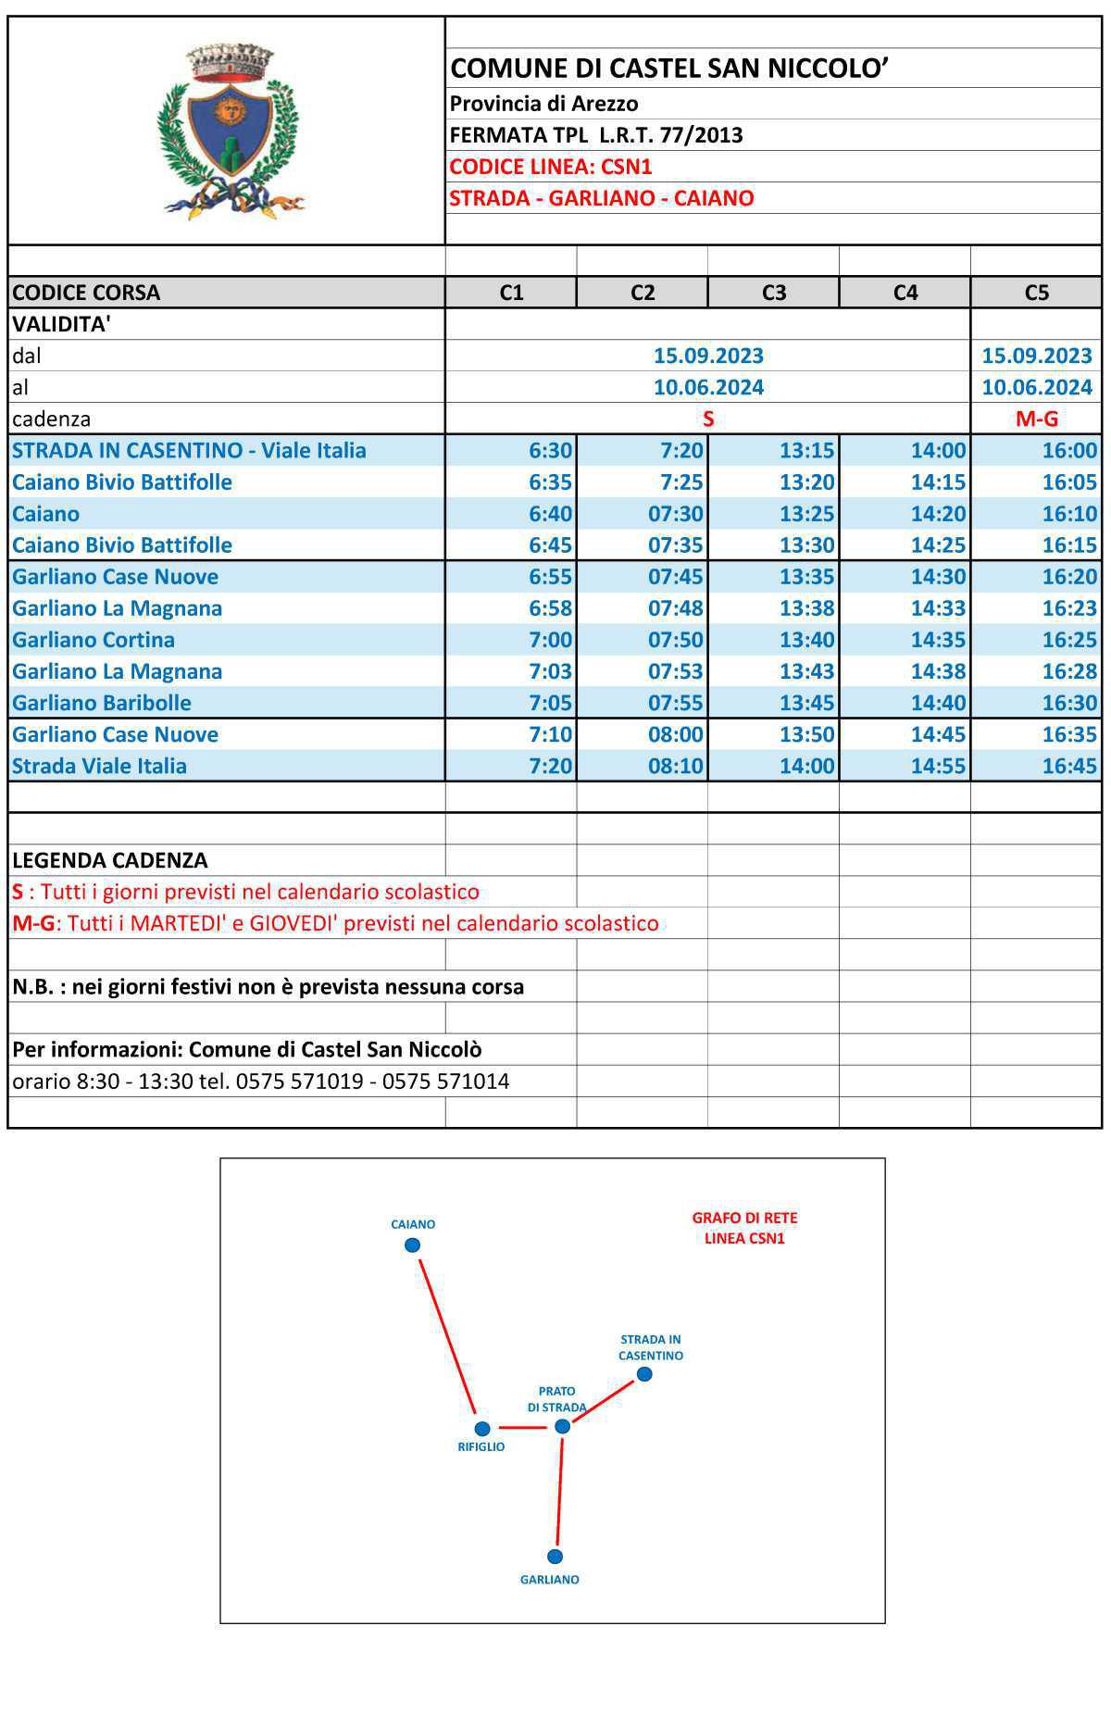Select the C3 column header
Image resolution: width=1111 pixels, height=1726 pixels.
(773, 293)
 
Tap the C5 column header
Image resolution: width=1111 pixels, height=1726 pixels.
(1036, 293)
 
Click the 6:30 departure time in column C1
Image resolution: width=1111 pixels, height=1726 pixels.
(550, 451)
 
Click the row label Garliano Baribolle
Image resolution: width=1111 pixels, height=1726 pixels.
(102, 703)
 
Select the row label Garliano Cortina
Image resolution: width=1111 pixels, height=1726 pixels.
(94, 640)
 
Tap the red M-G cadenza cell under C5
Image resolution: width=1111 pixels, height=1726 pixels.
(1036, 419)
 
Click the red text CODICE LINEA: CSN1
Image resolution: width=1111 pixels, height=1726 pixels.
(551, 167)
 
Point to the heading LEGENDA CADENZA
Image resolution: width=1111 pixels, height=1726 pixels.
(110, 860)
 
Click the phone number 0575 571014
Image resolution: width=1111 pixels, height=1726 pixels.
(445, 1082)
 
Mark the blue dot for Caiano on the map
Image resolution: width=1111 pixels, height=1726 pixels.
(413, 1245)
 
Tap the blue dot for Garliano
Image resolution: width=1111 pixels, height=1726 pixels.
(555, 1557)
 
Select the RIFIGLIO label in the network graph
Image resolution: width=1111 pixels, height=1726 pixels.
(481, 1447)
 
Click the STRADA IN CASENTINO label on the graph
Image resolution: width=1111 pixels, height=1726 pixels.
(651, 1347)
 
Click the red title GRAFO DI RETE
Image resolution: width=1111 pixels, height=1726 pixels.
(744, 1219)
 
